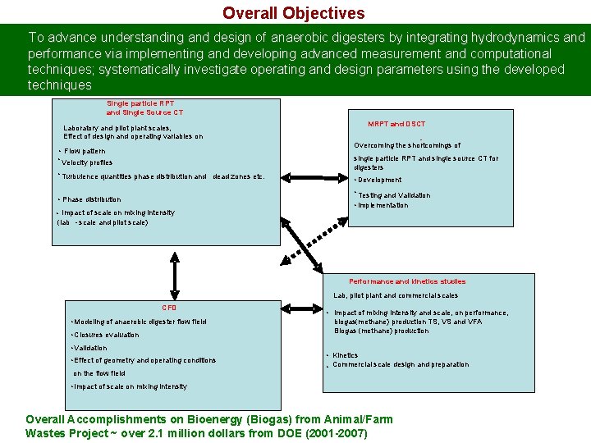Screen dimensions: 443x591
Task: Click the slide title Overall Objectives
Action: [x=293, y=13]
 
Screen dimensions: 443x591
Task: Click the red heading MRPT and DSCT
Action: [x=396, y=124]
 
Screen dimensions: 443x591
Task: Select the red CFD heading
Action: [x=169, y=307]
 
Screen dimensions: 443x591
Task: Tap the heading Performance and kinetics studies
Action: [x=407, y=281]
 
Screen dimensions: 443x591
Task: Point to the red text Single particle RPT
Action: [x=140, y=103]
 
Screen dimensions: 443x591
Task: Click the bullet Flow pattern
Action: [x=83, y=151]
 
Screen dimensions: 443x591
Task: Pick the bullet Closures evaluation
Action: [x=107, y=335]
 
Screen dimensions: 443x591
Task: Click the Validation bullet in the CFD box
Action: [x=90, y=348]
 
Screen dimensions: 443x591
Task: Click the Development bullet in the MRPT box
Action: [x=379, y=180]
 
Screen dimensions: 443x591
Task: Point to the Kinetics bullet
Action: [x=345, y=355]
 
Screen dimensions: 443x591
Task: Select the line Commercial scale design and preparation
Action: [x=401, y=364]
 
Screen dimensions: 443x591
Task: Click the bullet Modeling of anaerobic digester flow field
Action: [x=140, y=322]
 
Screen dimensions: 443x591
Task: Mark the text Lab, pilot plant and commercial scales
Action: [x=396, y=295]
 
